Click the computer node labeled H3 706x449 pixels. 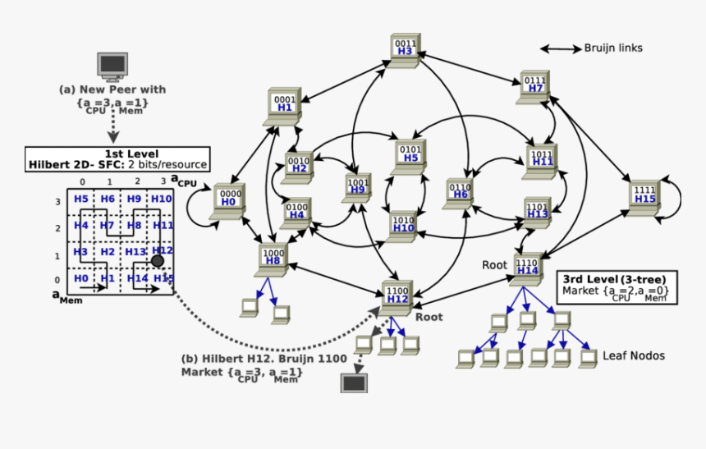[x=405, y=48]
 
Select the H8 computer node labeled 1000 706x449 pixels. [x=273, y=260]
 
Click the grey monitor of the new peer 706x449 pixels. [x=112, y=66]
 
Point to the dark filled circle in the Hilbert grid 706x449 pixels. [x=157, y=260]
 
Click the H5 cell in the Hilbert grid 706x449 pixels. [x=80, y=199]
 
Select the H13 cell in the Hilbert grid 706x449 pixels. [x=135, y=252]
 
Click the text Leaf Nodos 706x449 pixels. [x=633, y=355]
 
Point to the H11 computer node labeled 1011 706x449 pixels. [x=542, y=159]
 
